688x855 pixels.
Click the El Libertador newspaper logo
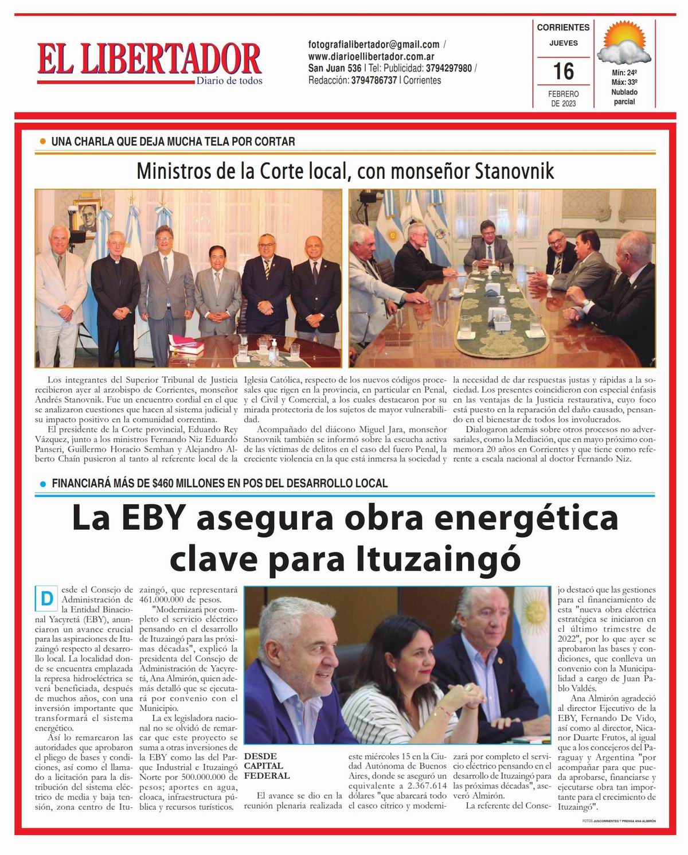click(x=150, y=62)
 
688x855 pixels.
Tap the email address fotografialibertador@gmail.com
click(x=374, y=44)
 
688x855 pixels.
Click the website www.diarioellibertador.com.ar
click(x=371, y=57)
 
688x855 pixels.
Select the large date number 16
click(x=563, y=72)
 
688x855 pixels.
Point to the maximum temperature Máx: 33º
click(x=624, y=83)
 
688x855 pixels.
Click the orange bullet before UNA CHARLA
click(x=42, y=141)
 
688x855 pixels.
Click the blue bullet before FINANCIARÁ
click(x=42, y=483)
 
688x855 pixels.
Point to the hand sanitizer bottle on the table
click(x=272, y=346)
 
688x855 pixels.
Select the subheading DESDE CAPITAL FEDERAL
click(x=267, y=766)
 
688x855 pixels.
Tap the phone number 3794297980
click(x=449, y=68)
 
